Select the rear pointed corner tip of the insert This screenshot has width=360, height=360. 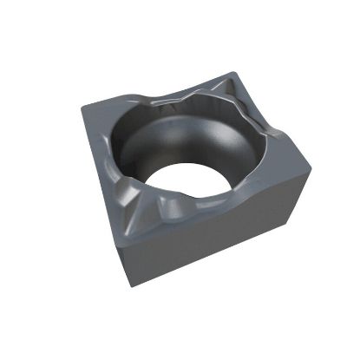(232, 74)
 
